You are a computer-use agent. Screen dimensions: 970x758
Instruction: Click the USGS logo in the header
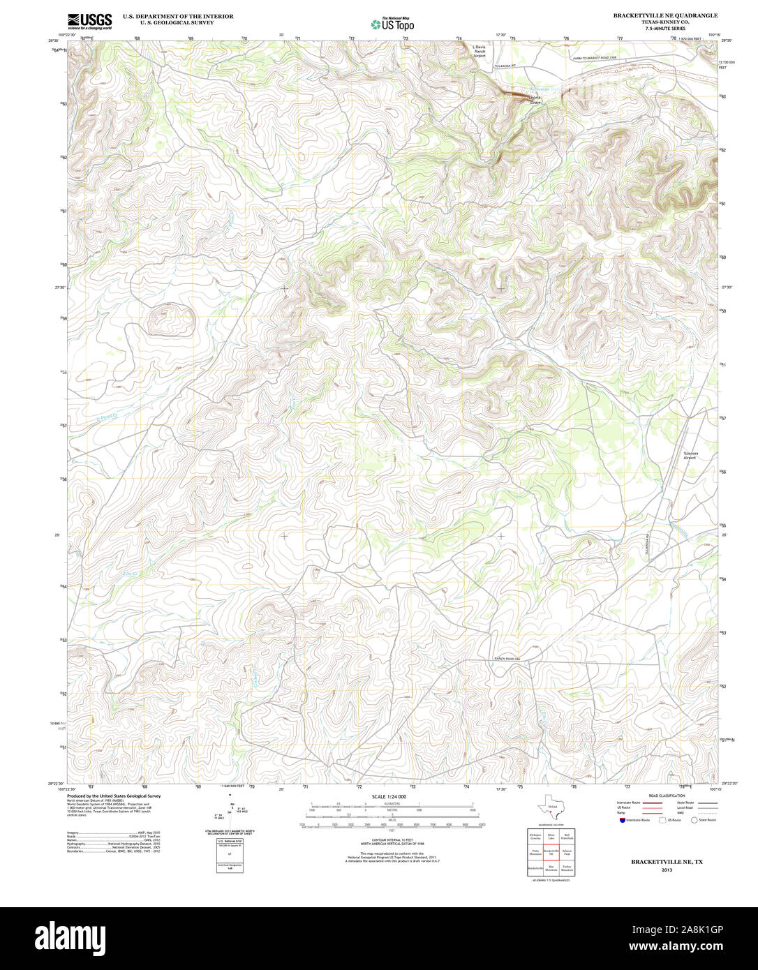click(x=89, y=21)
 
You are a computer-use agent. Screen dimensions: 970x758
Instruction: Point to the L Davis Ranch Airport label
click(x=479, y=51)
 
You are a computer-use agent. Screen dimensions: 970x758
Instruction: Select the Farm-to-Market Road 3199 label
click(x=595, y=58)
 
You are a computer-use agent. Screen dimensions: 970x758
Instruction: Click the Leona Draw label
click(x=535, y=100)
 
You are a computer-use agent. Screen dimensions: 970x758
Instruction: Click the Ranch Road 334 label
click(x=507, y=659)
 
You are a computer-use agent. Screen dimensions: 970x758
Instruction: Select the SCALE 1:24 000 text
click(x=389, y=796)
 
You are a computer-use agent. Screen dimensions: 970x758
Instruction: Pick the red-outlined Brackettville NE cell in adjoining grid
click(x=551, y=853)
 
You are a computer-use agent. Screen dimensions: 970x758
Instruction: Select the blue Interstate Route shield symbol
click(x=622, y=820)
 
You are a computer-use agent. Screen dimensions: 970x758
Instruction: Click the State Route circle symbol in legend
click(x=694, y=820)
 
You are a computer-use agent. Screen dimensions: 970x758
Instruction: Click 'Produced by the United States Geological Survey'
click(x=114, y=796)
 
